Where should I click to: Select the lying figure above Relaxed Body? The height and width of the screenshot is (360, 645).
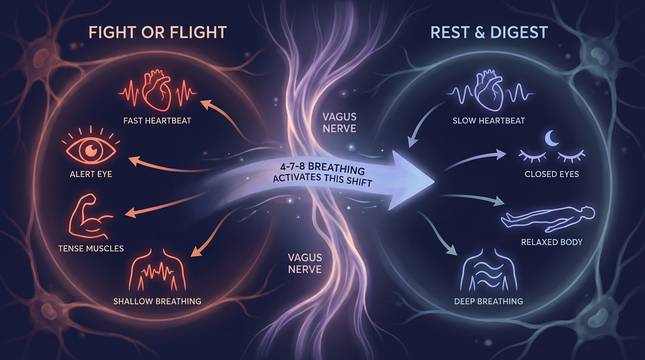click(547, 219)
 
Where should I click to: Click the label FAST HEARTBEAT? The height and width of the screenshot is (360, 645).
click(157, 120)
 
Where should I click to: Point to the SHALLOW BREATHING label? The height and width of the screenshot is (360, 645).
click(157, 301)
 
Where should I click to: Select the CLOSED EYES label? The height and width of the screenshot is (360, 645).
click(552, 174)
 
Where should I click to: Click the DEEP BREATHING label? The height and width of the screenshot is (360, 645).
click(488, 301)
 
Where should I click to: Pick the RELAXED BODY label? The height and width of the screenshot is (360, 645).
click(552, 242)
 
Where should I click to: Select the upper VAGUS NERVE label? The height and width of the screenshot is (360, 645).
click(339, 121)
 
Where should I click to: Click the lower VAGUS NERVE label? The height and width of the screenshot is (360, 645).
click(305, 263)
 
